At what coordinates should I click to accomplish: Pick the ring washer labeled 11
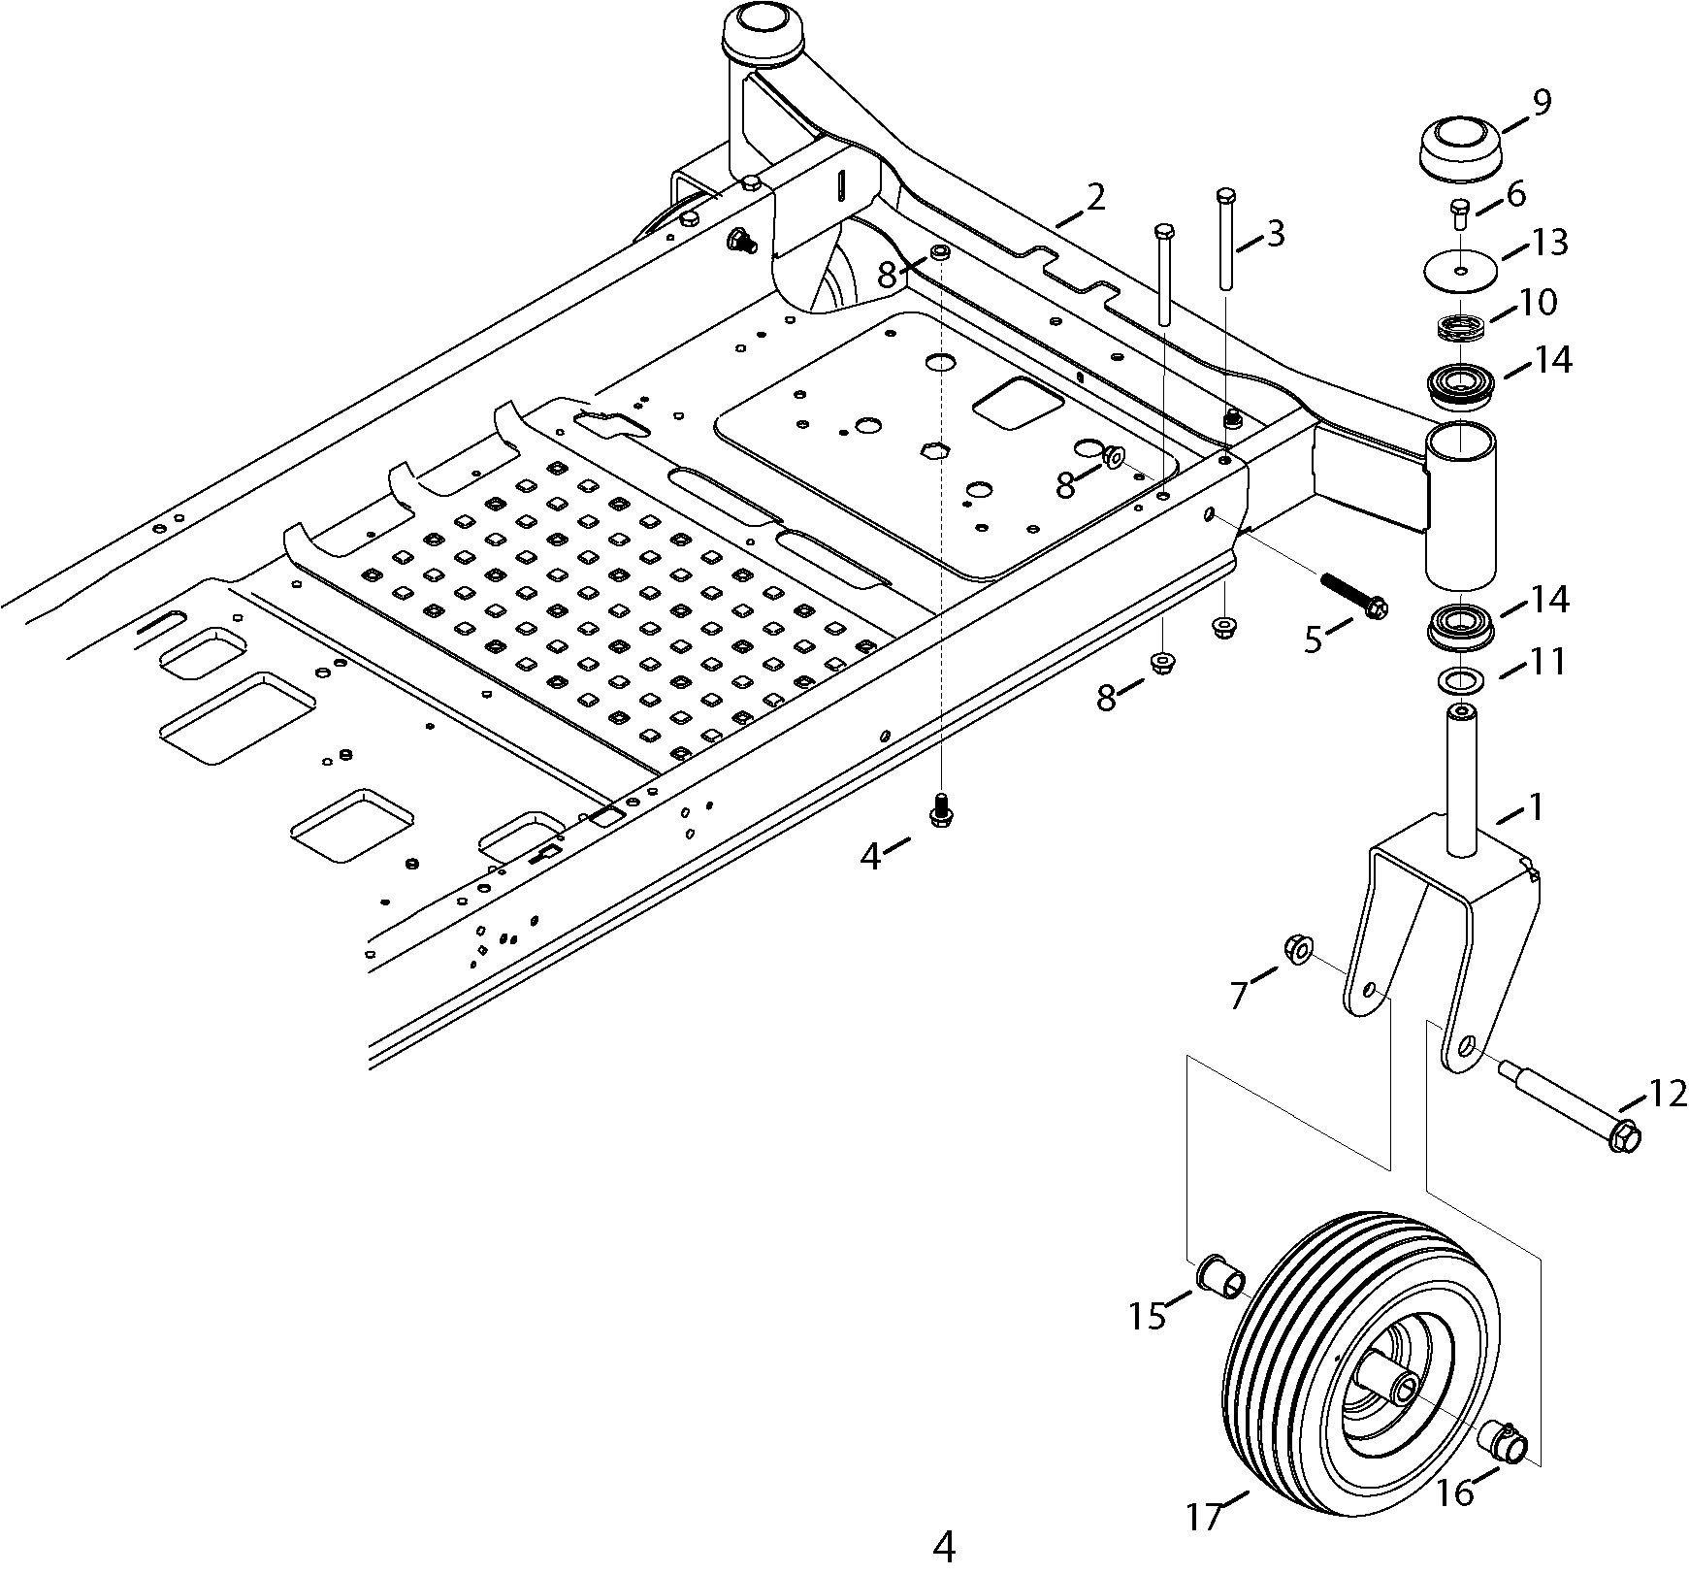[1458, 681]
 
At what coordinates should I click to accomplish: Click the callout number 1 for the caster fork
[1536, 807]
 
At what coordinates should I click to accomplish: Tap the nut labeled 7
[1296, 948]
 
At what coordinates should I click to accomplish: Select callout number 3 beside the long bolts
[1275, 234]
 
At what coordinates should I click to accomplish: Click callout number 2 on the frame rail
[1095, 197]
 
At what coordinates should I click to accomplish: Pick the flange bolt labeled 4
[938, 811]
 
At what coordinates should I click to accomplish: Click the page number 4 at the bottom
[943, 1546]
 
